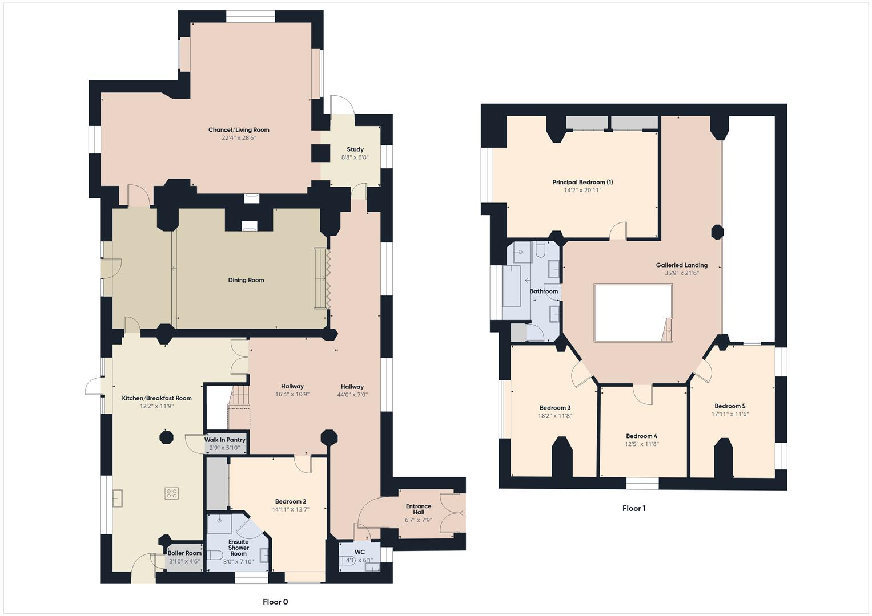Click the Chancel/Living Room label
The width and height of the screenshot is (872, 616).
point(239,130)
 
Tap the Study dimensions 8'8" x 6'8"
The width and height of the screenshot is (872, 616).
point(355,157)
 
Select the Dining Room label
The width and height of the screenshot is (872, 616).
point(246,280)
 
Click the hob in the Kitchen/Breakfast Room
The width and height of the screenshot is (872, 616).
point(172,493)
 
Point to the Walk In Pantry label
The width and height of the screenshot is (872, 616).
point(225,440)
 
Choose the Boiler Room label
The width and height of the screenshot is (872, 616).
point(184,553)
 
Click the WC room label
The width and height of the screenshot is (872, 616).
point(359,552)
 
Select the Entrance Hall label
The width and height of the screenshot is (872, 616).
point(419,509)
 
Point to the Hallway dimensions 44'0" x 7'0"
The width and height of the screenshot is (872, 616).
point(352,394)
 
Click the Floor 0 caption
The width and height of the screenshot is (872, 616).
point(275,602)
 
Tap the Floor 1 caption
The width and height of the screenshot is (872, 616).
point(634,508)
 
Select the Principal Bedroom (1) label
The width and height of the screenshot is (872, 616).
point(582,183)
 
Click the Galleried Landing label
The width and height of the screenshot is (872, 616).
point(681,265)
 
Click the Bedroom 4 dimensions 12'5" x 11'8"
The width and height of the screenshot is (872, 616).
point(642,444)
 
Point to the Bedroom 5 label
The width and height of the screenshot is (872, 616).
point(730,406)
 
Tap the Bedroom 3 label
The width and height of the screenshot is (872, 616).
point(555,408)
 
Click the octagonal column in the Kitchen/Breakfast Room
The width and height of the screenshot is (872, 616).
point(166,437)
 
